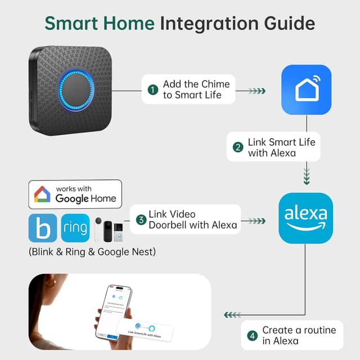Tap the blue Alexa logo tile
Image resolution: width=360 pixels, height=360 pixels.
(x=306, y=218)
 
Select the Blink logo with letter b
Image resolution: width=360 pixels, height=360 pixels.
(x=42, y=228)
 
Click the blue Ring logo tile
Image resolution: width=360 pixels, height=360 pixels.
(x=75, y=228)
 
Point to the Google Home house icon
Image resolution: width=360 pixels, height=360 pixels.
(x=42, y=195)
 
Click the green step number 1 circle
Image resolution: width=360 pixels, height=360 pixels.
(x=152, y=90)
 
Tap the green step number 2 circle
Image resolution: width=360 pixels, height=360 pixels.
(x=238, y=147)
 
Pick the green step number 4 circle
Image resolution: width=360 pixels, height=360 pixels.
(x=251, y=336)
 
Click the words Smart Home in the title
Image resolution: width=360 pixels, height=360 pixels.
(x=100, y=24)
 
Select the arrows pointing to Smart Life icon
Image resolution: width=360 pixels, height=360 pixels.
(x=256, y=90)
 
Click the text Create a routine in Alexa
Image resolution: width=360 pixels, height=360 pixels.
(x=299, y=336)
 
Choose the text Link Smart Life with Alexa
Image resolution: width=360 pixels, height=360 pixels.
(x=281, y=147)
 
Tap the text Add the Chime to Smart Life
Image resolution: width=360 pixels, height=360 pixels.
(x=196, y=90)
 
